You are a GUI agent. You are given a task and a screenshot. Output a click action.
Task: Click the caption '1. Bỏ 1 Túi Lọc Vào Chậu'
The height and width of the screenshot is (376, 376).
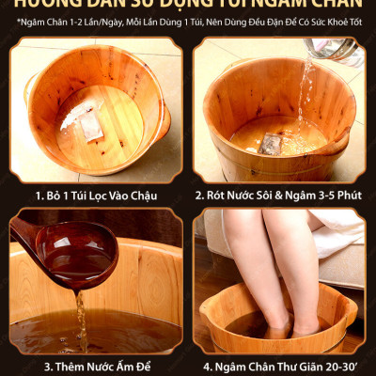(x=92, y=195)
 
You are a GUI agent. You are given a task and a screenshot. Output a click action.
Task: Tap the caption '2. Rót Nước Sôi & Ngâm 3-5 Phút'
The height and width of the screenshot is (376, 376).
(x=279, y=195)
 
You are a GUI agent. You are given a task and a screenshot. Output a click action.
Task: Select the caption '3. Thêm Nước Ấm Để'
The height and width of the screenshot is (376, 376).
(x=92, y=366)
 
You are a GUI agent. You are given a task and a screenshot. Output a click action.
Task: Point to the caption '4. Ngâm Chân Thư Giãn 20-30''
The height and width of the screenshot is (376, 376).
(x=279, y=366)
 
